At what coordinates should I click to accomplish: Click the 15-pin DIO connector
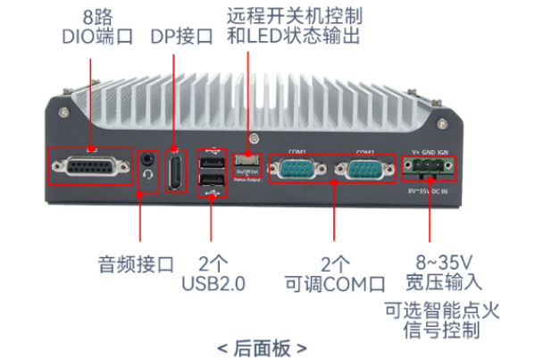[90, 167]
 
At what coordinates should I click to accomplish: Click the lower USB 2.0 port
[212, 183]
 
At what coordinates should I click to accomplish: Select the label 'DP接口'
[180, 37]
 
